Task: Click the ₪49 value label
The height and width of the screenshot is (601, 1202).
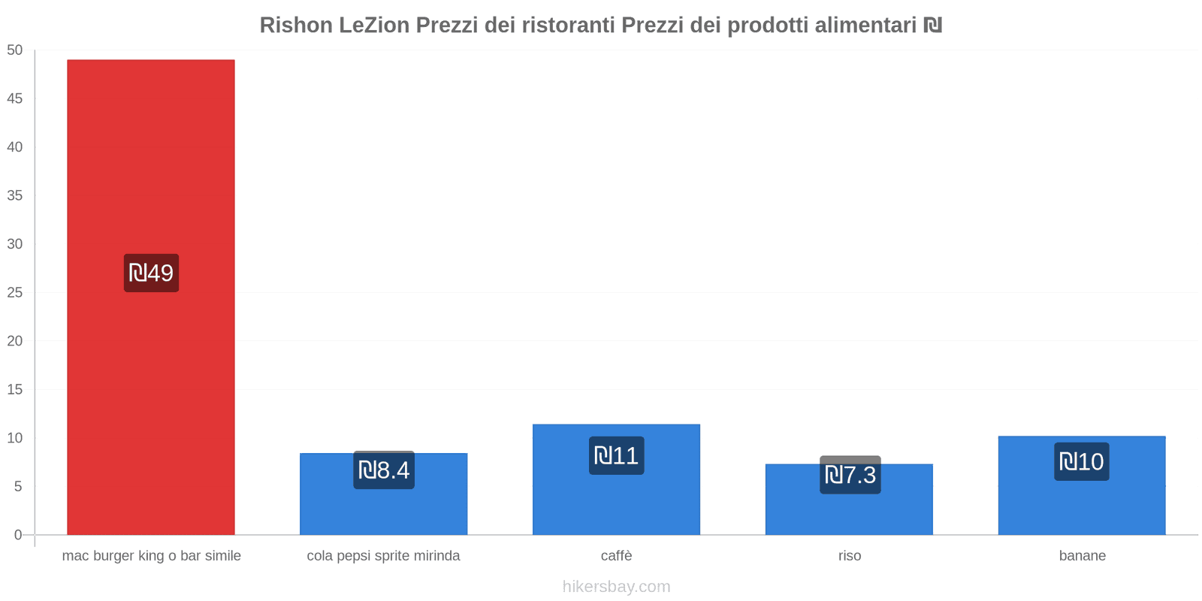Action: (151, 273)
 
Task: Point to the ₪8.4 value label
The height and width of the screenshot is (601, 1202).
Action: (384, 470)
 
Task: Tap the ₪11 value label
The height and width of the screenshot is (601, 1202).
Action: (616, 456)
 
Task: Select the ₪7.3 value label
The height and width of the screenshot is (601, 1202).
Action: (850, 475)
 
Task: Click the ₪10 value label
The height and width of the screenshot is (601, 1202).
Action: (1081, 461)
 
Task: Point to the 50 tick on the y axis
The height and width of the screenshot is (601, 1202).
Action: (15, 50)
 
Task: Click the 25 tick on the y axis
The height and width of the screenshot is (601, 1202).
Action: (15, 292)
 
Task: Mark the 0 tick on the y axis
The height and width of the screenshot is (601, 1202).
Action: (18, 535)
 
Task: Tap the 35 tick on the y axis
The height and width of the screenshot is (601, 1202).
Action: (15, 195)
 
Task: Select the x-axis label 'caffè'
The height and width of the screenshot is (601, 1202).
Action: (616, 556)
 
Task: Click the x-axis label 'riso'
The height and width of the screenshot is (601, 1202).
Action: (850, 556)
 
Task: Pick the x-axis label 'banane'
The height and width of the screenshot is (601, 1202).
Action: (1082, 556)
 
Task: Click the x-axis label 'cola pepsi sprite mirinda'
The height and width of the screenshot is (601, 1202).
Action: (383, 556)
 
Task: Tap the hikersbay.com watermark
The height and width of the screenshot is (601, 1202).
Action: (616, 587)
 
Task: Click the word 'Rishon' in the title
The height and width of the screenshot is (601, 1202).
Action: (296, 26)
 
